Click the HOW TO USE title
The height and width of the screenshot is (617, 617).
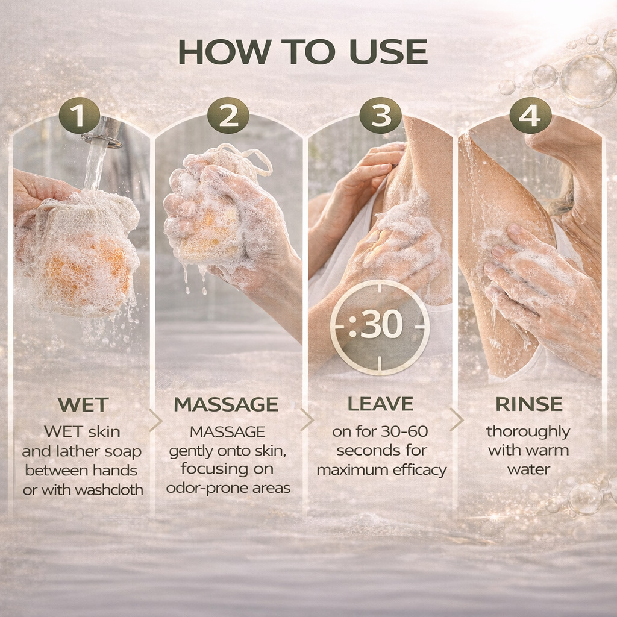[x=303, y=52]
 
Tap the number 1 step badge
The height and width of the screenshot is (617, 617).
[x=80, y=115]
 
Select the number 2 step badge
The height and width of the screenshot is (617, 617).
[x=228, y=115]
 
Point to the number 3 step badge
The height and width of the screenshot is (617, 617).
[x=381, y=115]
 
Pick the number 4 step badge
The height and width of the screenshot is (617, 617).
[x=530, y=115]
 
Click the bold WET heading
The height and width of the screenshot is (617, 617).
[x=83, y=404]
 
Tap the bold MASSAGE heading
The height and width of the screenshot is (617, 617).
[x=227, y=404]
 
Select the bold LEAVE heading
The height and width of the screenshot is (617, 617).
[x=381, y=404]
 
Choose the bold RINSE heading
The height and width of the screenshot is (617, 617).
[x=529, y=404]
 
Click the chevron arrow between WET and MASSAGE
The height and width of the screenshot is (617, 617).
[x=155, y=420]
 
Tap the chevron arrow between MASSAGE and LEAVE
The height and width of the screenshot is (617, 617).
[x=307, y=419]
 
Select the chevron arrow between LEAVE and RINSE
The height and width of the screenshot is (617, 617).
[x=457, y=419]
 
